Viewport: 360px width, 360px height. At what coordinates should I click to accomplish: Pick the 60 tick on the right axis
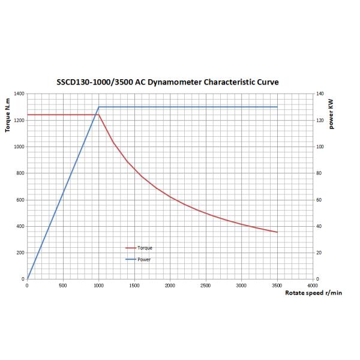(x=320, y=200)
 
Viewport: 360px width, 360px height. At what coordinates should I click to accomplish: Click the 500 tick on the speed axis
(x=62, y=286)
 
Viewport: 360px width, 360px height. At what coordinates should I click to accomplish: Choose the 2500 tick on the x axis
(x=206, y=286)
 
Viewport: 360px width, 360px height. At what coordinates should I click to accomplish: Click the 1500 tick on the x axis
(x=134, y=286)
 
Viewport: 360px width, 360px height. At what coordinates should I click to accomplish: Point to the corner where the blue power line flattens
(x=98, y=107)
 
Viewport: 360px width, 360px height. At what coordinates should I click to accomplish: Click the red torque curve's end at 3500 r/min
(x=277, y=232)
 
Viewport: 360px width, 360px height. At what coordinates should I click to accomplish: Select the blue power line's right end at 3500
(x=277, y=107)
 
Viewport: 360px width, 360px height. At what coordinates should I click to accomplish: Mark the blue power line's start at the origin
(x=27, y=279)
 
